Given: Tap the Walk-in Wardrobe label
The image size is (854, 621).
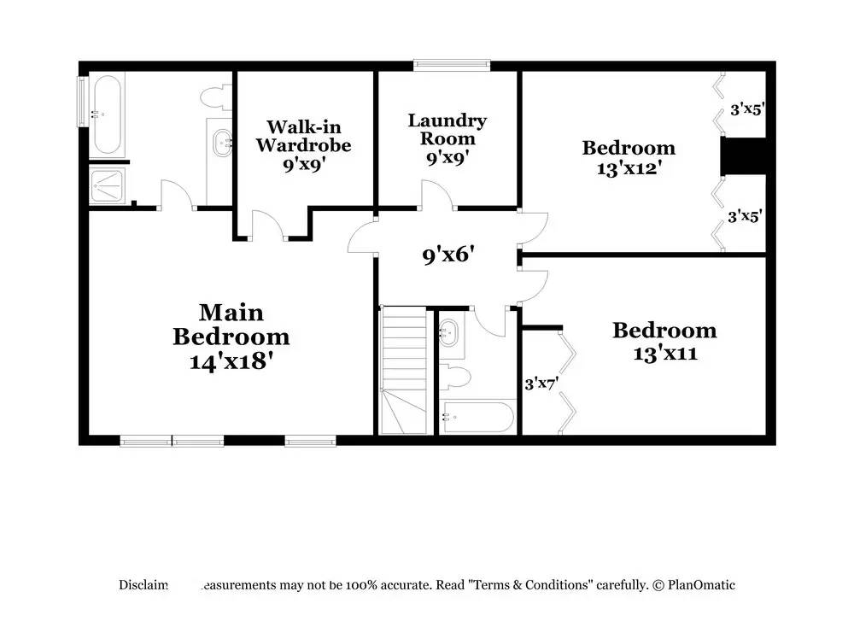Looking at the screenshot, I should pos(303,136).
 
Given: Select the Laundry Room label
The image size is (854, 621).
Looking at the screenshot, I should pos(447,129).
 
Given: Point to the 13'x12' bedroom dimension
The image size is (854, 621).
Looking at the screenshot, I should pos(629,168).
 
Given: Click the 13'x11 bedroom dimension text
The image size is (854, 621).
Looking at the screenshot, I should pos(664,352).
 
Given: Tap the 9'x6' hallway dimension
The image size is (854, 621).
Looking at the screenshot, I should pos(448,255).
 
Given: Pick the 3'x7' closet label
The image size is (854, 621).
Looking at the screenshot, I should pos(541,384).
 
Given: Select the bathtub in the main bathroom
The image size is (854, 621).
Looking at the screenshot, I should pos(108,114).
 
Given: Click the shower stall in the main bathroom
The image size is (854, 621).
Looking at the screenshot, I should pos(108,185).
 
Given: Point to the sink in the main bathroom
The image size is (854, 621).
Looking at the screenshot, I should pos(222,142).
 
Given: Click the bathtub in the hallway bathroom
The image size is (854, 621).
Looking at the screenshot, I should pos(477,418).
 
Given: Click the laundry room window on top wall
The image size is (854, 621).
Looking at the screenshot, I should pos(452,63).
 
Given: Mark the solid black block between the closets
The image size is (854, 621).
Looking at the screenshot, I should pos(742,155).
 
